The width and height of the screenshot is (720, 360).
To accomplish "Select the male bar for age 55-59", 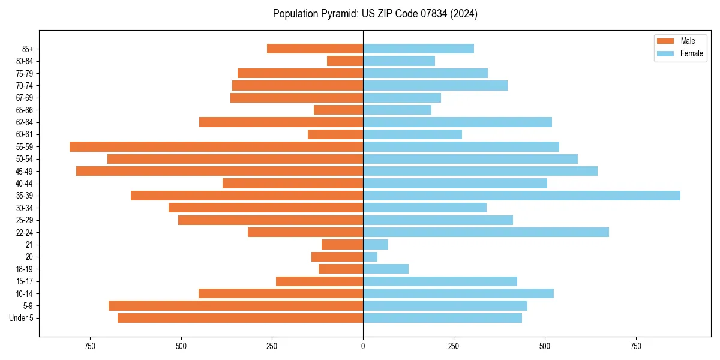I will click(216, 146).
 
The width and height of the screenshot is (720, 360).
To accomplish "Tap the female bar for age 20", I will click(370, 257).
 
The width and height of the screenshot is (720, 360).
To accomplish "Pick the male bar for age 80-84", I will click(345, 61).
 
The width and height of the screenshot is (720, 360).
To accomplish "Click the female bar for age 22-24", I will click(486, 232).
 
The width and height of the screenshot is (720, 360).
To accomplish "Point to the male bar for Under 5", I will click(240, 318).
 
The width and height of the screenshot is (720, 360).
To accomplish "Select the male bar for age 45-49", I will click(220, 171).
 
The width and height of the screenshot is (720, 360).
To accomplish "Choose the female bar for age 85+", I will click(418, 49).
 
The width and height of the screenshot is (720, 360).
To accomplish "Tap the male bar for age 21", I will click(342, 245).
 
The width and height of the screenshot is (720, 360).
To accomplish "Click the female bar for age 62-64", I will click(457, 122).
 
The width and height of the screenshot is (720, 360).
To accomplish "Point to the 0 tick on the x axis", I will click(363, 346).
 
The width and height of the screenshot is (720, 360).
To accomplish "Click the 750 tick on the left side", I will click(90, 346).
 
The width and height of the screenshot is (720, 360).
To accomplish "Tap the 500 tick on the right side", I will click(545, 346).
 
